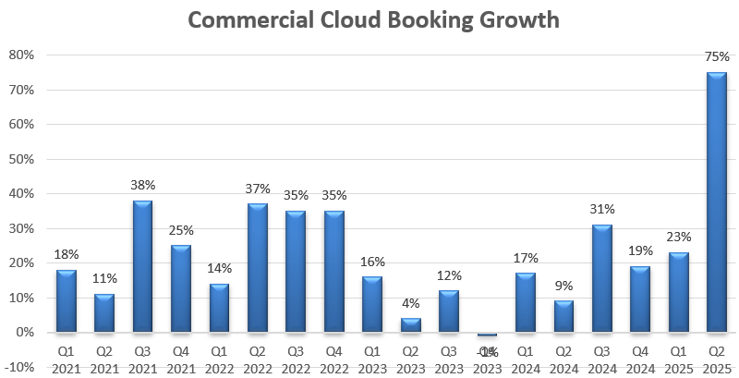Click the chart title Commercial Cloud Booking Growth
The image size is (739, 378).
click(374, 19)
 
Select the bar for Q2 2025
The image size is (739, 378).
click(716, 201)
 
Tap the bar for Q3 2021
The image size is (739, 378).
click(142, 266)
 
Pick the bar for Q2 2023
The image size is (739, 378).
click(410, 325)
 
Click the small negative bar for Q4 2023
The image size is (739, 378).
click(487, 335)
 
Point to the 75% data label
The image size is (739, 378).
click(716, 57)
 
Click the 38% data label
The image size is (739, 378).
click(142, 186)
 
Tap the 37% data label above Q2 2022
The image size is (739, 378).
click(258, 189)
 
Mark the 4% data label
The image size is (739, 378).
click(410, 303)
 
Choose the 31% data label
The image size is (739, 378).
click(601, 210)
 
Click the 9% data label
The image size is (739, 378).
click(563, 286)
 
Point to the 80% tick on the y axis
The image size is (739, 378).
click(20, 55)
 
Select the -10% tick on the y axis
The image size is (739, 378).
click(18, 367)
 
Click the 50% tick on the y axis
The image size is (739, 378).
click(20, 159)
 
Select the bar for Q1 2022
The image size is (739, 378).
click(219, 308)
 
